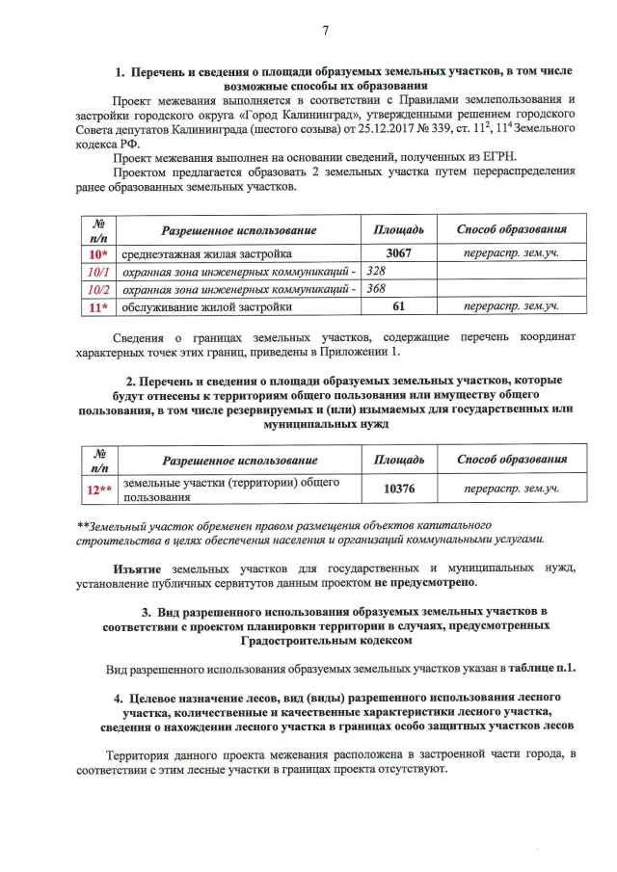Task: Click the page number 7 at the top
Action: tap(325, 29)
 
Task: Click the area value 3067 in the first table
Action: tap(398, 254)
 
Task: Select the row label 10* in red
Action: tap(97, 254)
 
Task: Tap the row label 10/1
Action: tap(97, 273)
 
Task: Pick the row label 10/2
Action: tap(97, 290)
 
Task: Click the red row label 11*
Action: tap(97, 308)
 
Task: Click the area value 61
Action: tap(398, 308)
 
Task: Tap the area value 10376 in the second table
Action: tap(398, 489)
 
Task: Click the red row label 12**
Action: tap(97, 489)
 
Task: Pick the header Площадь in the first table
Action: tap(398, 231)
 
